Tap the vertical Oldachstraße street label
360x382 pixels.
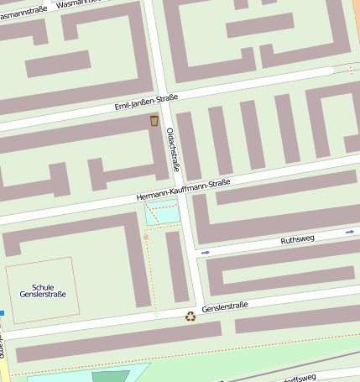tap(174, 149)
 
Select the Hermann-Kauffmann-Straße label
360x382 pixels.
tap(183, 190)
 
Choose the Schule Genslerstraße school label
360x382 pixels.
tap(42, 291)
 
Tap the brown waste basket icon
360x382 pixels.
tap(154, 121)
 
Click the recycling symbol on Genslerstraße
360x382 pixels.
tap(190, 317)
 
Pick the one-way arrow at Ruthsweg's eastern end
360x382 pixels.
tap(350, 231)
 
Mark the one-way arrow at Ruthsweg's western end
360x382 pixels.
tap(206, 252)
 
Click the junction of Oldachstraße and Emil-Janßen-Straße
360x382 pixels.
tap(164, 100)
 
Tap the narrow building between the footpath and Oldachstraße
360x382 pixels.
tap(176, 266)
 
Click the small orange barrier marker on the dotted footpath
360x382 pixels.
tap(146, 238)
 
